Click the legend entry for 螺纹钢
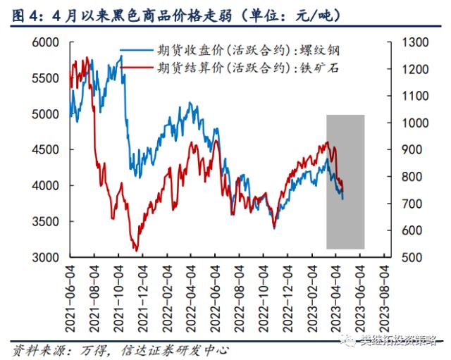pyautogui.click(x=249, y=50)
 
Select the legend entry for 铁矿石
pyautogui.click(x=249, y=68)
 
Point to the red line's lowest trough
pyautogui.click(x=135, y=249)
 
